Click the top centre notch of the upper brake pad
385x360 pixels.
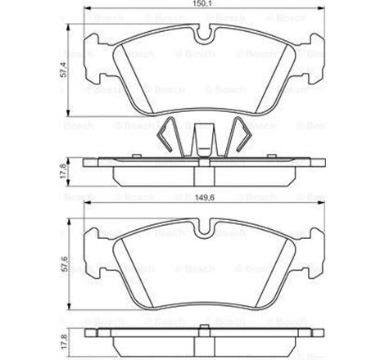[200, 34]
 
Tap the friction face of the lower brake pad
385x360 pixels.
[200, 262]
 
